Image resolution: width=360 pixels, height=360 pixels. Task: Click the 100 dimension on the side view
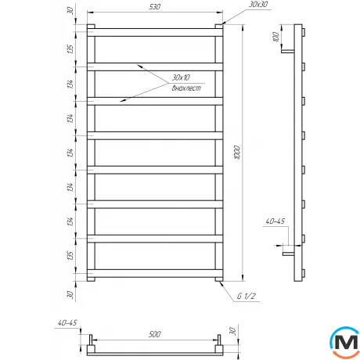tap(276, 38)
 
